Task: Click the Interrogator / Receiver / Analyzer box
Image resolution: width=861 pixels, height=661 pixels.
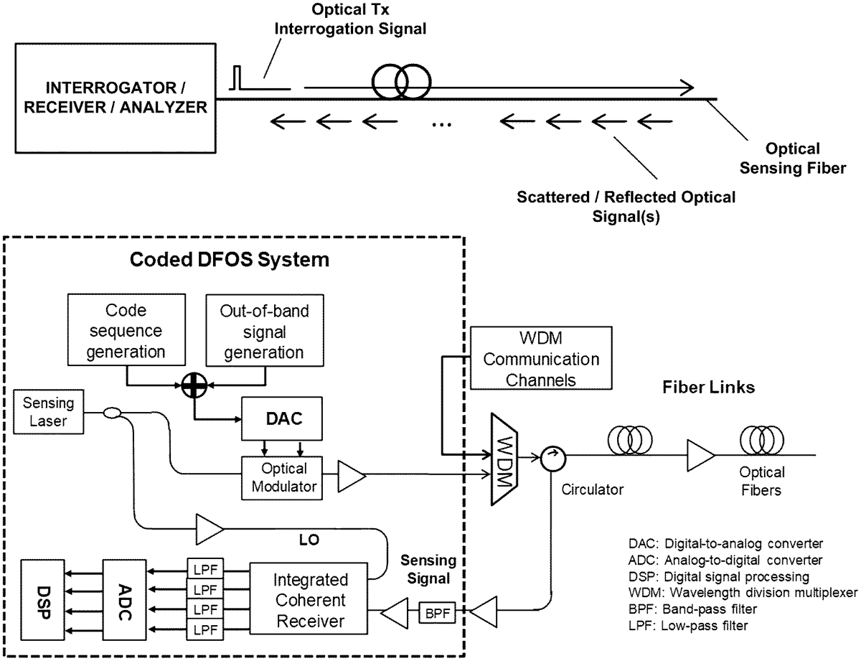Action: click(x=116, y=98)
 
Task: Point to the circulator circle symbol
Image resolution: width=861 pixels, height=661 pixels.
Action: click(x=552, y=456)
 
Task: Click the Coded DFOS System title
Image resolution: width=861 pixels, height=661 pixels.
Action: click(x=229, y=259)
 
